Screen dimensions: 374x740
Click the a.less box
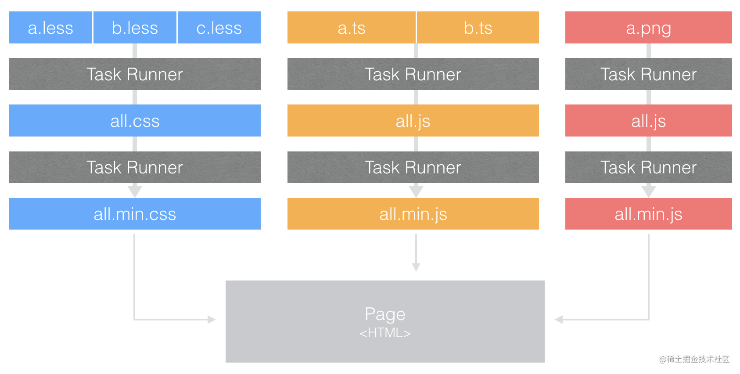click(50, 28)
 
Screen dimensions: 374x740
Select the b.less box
click(135, 28)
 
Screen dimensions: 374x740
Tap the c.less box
click(219, 28)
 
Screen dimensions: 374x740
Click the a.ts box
click(351, 28)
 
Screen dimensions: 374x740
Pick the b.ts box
click(478, 28)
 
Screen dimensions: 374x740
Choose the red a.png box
click(648, 28)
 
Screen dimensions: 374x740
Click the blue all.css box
click(135, 121)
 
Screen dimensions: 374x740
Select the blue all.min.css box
click(135, 214)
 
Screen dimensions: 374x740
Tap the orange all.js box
click(413, 121)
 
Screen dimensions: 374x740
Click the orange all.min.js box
click(413, 214)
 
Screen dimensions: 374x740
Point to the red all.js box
click(648, 121)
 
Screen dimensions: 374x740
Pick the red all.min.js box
click(648, 214)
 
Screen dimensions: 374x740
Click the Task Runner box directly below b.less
click(135, 74)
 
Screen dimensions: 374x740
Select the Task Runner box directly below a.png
click(648, 74)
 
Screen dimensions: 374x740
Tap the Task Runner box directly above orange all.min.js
click(413, 167)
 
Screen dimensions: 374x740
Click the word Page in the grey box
click(385, 314)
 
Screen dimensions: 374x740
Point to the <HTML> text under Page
click(385, 333)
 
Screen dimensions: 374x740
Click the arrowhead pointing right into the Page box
click(212, 320)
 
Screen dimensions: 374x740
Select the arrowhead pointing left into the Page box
click(559, 320)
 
